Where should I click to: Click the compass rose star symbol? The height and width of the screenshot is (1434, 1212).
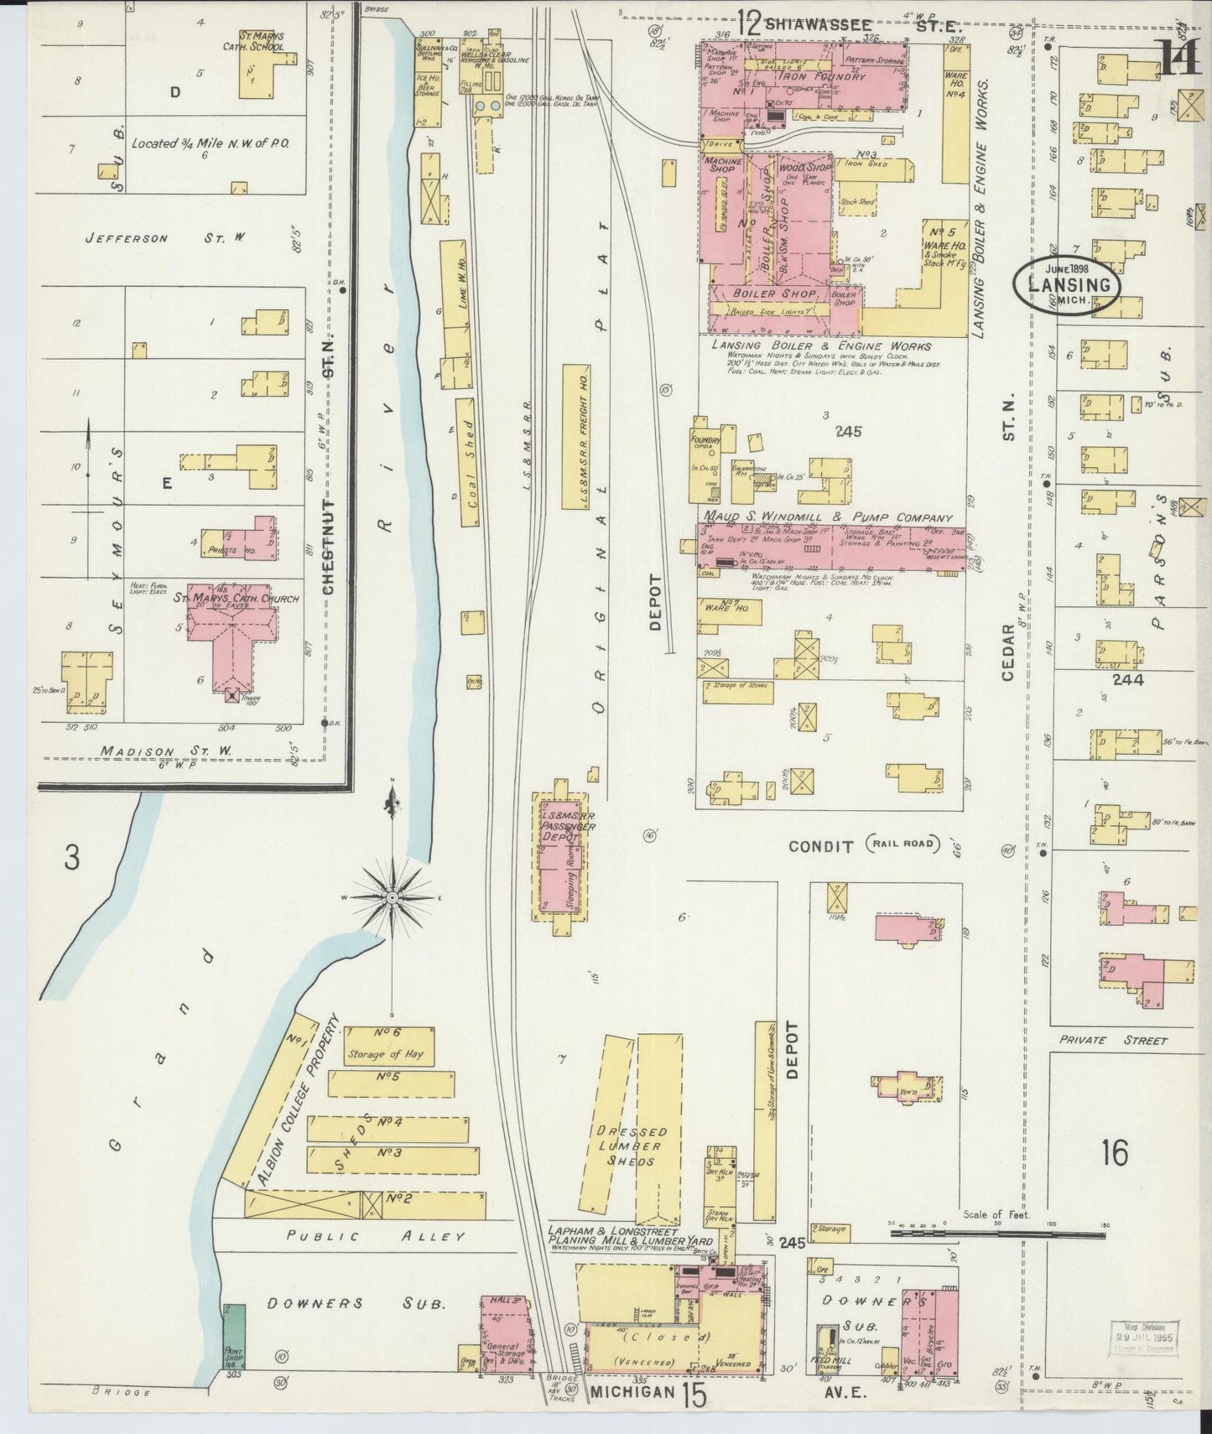[392, 897]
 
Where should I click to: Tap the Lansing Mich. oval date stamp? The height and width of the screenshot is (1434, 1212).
[1065, 284]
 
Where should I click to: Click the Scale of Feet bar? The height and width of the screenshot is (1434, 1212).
[997, 1234]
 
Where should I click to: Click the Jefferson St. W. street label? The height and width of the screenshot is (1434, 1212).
[164, 239]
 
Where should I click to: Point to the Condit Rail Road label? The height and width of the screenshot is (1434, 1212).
[861, 845]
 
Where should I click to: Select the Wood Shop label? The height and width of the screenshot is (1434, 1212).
[804, 168]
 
